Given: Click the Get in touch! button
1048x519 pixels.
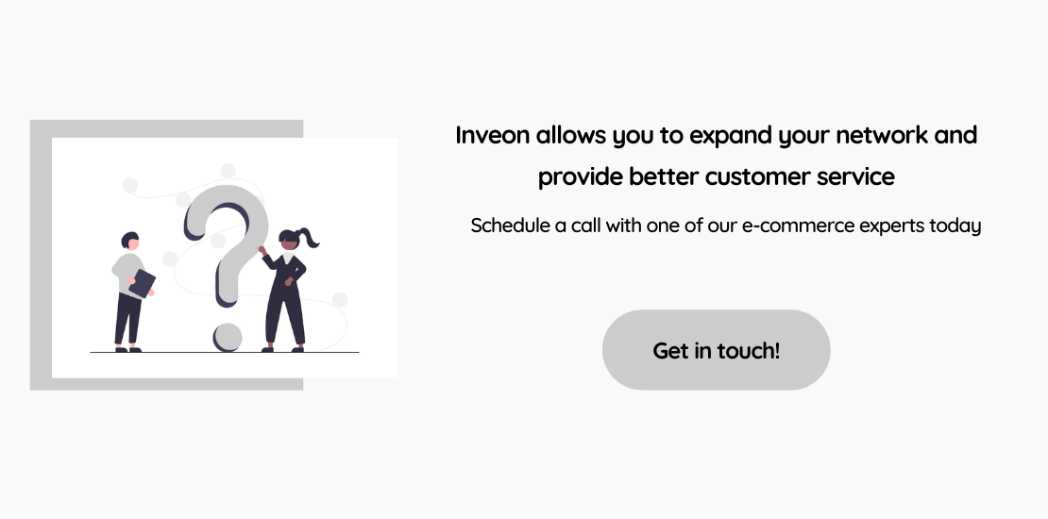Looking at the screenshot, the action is pyautogui.click(x=716, y=349).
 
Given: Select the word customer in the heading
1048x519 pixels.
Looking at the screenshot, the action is pyautogui.click(x=757, y=177).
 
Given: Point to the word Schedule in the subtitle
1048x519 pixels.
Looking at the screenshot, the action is pyautogui.click(x=511, y=226).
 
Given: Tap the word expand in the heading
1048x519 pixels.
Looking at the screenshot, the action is pyautogui.click(x=731, y=136).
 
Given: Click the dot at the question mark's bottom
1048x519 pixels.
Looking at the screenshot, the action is pyautogui.click(x=228, y=337).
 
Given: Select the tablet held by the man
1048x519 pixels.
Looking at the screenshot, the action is pyautogui.click(x=142, y=283).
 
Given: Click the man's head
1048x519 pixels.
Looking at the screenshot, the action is pyautogui.click(x=130, y=242).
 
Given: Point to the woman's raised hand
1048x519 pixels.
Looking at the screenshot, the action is pyautogui.click(x=262, y=250).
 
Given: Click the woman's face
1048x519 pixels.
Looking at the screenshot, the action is pyautogui.click(x=290, y=243).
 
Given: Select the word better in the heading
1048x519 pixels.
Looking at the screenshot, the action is pyautogui.click(x=665, y=177).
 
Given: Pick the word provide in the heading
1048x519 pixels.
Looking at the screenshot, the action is pyautogui.click(x=580, y=177).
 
